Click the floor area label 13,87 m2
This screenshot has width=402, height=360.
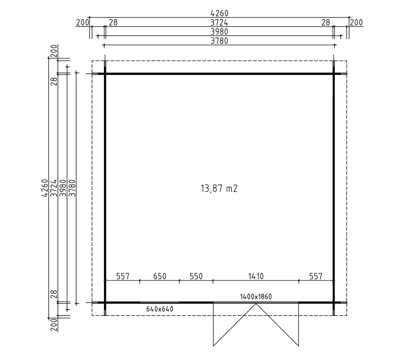[x=219, y=188]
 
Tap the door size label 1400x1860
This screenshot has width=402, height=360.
[x=256, y=297]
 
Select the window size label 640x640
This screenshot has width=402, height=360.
[x=160, y=309]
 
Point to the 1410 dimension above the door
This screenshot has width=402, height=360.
[x=256, y=276]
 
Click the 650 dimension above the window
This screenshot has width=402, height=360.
[x=160, y=276]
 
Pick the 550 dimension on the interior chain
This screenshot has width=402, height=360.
[x=196, y=276]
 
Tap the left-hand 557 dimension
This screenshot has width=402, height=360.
[x=123, y=276]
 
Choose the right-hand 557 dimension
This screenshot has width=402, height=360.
[x=316, y=276]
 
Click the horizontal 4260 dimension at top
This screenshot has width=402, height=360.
[x=220, y=13]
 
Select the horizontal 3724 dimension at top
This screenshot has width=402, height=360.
[x=219, y=22]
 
